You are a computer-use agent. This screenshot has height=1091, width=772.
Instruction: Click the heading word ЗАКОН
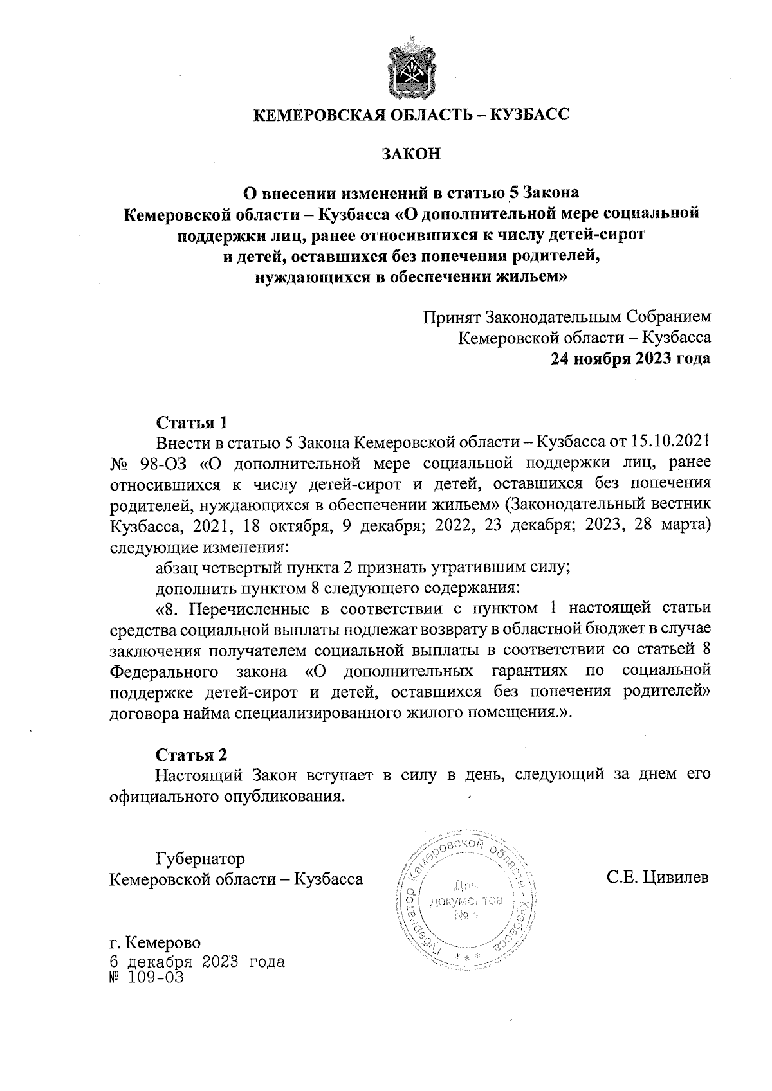[410, 154]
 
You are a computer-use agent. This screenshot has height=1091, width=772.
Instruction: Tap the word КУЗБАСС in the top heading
[530, 115]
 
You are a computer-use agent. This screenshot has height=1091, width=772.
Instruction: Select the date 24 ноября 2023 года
[630, 358]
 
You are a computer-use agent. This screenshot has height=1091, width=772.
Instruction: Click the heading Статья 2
[192, 754]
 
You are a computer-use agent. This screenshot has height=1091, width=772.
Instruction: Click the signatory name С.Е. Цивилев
[657, 878]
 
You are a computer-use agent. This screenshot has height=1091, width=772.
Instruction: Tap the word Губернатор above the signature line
[200, 858]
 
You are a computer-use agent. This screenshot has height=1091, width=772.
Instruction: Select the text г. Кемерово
[155, 943]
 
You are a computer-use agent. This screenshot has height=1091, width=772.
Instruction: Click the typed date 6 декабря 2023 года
[197, 962]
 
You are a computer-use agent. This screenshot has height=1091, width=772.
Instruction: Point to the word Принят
[452, 318]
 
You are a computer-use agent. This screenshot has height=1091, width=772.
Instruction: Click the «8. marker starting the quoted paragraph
[168, 608]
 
